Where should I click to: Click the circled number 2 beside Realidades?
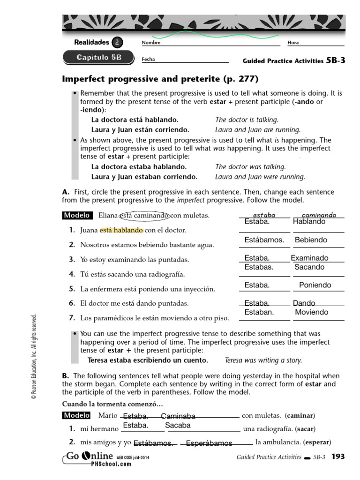pos(117,43)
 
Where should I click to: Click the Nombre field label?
pos(151,43)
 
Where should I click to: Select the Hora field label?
pos(293,43)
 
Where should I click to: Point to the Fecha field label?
pos(148,60)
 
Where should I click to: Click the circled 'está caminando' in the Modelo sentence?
pos(144,216)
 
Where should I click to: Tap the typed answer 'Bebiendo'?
pos(311,240)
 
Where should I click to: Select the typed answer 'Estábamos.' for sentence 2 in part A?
pos(264,240)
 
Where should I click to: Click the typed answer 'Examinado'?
pos(309,258)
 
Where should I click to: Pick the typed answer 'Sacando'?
pos(309,267)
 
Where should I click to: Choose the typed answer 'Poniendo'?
pos(315,285)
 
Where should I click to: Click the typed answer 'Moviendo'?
pos(312,312)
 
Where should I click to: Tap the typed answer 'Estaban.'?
pos(259,312)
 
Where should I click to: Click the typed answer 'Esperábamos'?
pos(209,443)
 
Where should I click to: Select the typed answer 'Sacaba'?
pos(178,426)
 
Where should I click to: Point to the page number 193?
pos(338,457)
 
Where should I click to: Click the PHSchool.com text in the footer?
pos(112,464)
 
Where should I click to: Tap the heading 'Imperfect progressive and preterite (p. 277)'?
pos(160,78)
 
